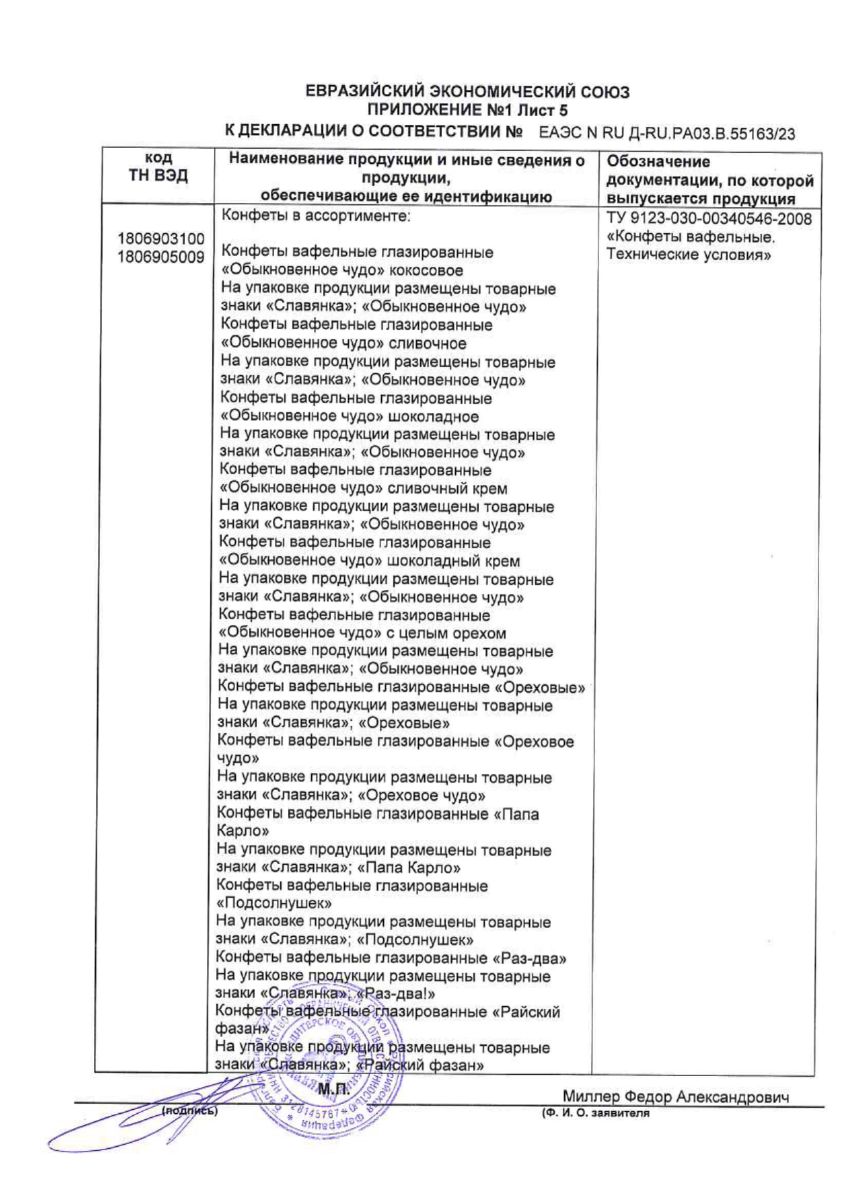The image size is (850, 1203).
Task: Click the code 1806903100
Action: coord(161,239)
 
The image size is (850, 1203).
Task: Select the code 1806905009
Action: coord(161,257)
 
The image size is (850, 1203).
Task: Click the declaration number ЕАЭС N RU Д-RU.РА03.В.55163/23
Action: coord(667,134)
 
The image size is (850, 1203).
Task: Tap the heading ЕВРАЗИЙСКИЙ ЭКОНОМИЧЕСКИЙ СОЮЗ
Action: coord(467,92)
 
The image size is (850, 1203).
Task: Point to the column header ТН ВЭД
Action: coord(158,176)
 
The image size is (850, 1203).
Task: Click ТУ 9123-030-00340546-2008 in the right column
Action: coord(709,219)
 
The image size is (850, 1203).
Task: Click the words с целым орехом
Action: coord(447,633)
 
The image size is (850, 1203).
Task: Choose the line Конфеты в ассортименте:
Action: coord(316,216)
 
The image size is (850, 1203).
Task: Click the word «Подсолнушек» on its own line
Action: coord(274,903)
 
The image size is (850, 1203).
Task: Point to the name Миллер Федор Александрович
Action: coord(675,1097)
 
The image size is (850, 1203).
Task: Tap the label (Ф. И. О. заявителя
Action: coord(595,1113)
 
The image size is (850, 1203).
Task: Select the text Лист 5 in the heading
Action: coord(543,110)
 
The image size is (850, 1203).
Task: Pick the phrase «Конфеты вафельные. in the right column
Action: coord(691,237)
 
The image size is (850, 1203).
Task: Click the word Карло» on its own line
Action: coord(243,831)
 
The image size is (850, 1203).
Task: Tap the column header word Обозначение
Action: coord(659,162)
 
